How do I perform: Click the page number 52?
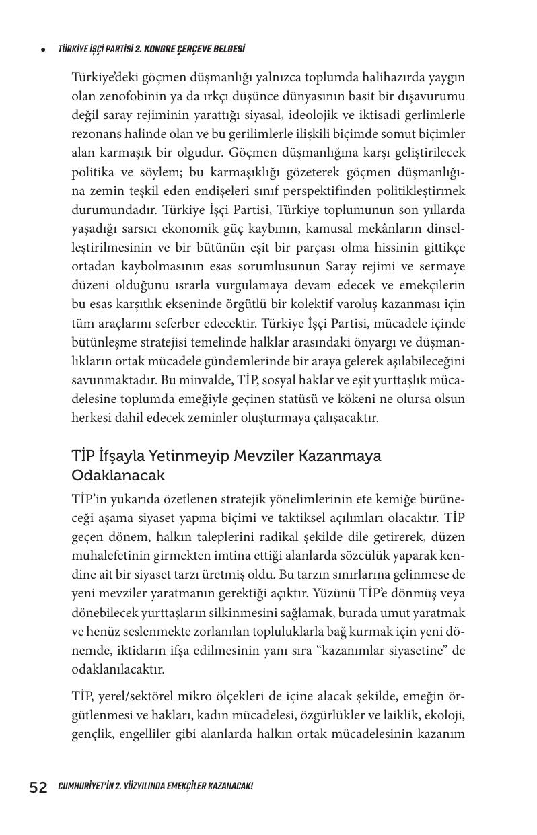pyautogui.click(x=38, y=787)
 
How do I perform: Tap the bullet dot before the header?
pyautogui.click(x=43, y=50)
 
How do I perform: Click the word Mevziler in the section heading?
pyautogui.click(x=264, y=456)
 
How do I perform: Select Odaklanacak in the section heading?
pyautogui.click(x=118, y=475)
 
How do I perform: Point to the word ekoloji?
pyautogui.click(x=444, y=715)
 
